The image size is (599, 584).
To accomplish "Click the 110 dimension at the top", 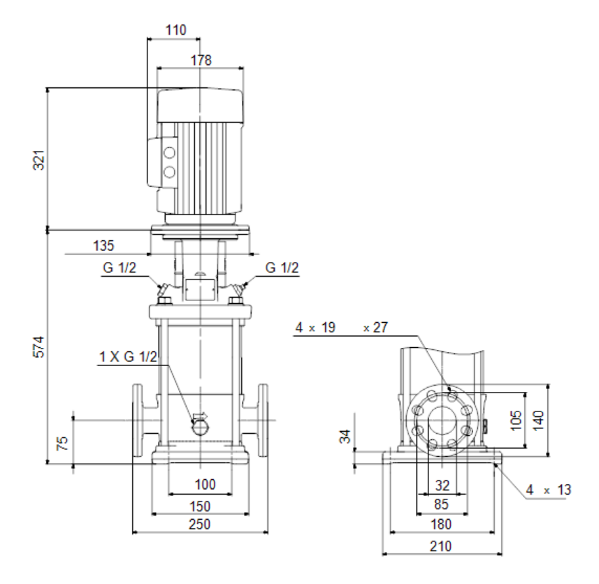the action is [x=175, y=30].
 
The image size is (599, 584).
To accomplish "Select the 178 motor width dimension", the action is [x=201, y=60].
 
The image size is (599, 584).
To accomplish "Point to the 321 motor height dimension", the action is [x=39, y=160].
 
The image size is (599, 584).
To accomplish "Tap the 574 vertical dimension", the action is [x=39, y=346].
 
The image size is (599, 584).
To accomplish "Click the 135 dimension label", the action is [x=103, y=245].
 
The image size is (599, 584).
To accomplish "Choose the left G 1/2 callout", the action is [x=120, y=268].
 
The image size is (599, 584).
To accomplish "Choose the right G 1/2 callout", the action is [x=282, y=268].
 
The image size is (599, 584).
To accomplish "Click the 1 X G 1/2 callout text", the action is [x=129, y=356].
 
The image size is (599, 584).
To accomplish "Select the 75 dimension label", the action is [x=62, y=443].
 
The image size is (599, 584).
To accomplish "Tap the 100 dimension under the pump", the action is [x=205, y=484].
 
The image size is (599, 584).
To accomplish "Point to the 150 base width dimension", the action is [x=200, y=506].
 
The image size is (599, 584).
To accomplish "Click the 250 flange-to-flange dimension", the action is [x=199, y=524].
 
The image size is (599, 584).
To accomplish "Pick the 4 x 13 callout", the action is [x=548, y=490].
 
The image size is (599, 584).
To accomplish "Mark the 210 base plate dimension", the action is [x=440, y=546].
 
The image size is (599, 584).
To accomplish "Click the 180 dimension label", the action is [x=441, y=524].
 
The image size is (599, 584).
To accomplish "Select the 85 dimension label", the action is [x=441, y=504].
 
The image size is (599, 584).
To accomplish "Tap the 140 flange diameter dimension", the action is [x=538, y=421].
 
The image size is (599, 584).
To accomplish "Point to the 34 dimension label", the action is [x=345, y=437].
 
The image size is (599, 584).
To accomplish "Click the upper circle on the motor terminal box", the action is [x=169, y=153].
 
